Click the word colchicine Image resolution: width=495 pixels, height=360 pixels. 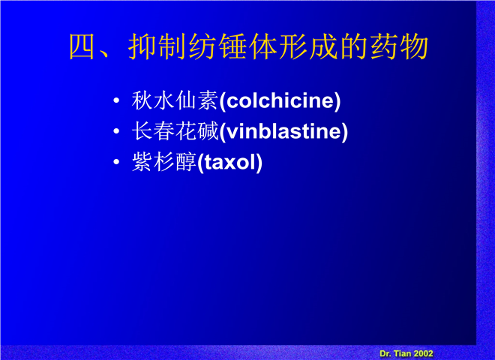coord(280,100)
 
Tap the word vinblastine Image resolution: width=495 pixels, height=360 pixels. coord(283,131)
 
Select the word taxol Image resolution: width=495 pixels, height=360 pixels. coord(229,162)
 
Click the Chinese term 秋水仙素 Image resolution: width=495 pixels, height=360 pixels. coord(175,100)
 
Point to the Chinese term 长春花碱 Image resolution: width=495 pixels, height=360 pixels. coord(175,131)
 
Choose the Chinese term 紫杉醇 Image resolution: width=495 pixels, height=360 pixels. coord(163,162)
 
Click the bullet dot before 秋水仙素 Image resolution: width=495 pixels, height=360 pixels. coord(116,100)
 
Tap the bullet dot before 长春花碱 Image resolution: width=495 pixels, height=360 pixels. coord(116,131)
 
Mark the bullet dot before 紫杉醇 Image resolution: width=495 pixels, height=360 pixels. coord(116,162)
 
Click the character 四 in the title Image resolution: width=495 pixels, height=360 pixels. coord(82,46)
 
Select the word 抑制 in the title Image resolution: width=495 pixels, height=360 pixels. coord(157,46)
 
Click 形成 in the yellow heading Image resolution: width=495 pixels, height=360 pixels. coord(307,46)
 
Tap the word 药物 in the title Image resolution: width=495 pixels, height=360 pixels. coord(399,46)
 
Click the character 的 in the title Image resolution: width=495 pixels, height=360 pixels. coord(353,46)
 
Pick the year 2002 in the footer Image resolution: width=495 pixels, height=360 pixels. coord(423,354)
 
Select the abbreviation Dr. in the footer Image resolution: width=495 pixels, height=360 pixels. coord(385,354)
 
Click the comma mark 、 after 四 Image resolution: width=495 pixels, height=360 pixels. coord(104,54)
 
